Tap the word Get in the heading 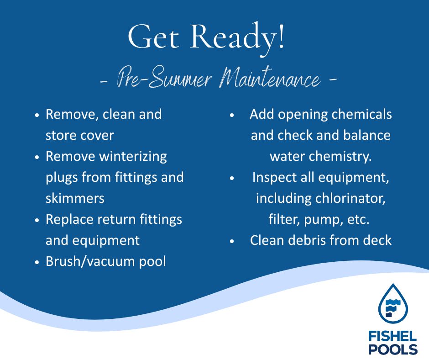click(x=153, y=37)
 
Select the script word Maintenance click(x=269, y=78)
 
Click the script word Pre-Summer click(x=164, y=78)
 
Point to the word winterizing click(x=133, y=157)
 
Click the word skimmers click(x=75, y=198)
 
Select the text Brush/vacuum click(x=90, y=261)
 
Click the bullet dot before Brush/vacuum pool click(x=37, y=262)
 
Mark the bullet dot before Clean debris click(x=232, y=241)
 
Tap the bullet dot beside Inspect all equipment click(x=232, y=178)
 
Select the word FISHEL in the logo click(x=392, y=336)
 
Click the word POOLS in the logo click(x=392, y=349)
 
